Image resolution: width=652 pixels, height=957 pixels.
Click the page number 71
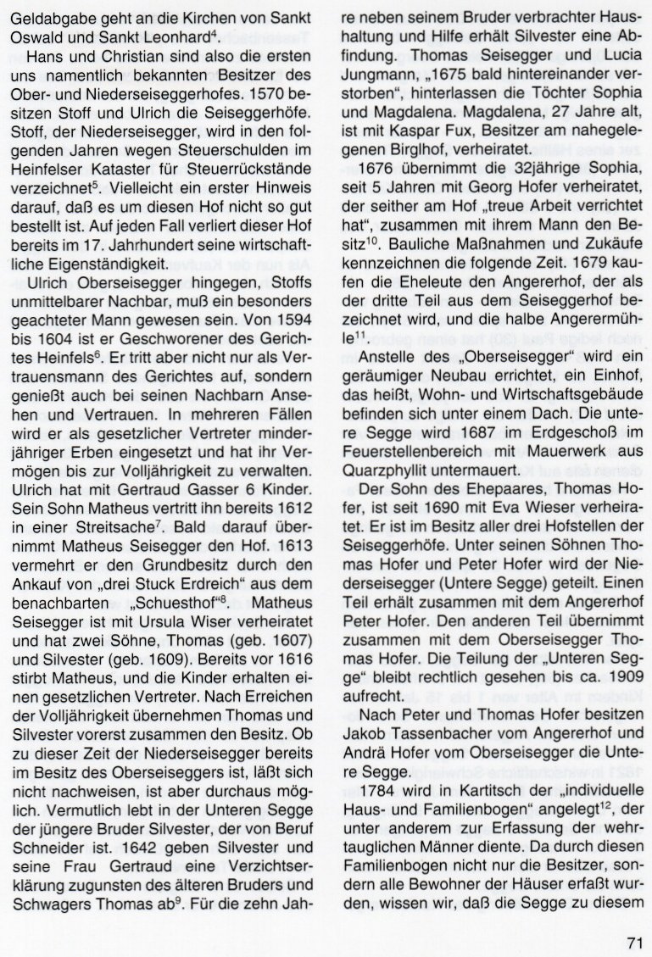(637, 941)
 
